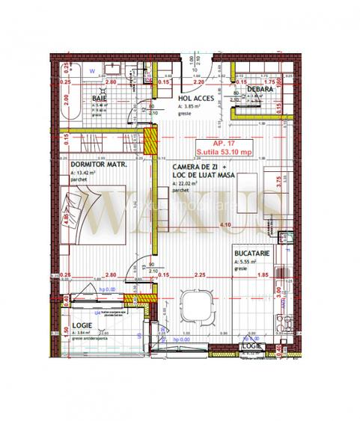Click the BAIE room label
click(x=99, y=98)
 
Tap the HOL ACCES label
click(x=196, y=98)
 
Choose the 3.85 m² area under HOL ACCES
click(x=191, y=106)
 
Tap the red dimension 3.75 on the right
click(x=277, y=179)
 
